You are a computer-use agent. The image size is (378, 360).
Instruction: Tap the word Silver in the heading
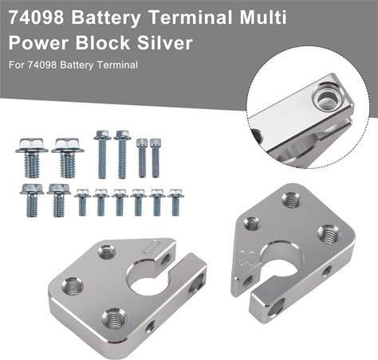click(x=165, y=42)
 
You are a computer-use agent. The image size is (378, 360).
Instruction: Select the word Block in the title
click(x=103, y=42)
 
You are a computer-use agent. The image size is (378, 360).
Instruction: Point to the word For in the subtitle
click(x=16, y=65)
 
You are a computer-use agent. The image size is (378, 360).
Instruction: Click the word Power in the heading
click(x=38, y=43)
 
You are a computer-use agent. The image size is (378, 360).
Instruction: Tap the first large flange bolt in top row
click(x=32, y=158)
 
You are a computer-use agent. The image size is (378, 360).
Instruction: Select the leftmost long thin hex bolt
click(x=102, y=155)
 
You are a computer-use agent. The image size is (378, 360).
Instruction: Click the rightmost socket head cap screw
click(x=155, y=158)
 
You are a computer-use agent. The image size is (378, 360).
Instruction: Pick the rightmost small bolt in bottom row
click(x=175, y=202)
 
